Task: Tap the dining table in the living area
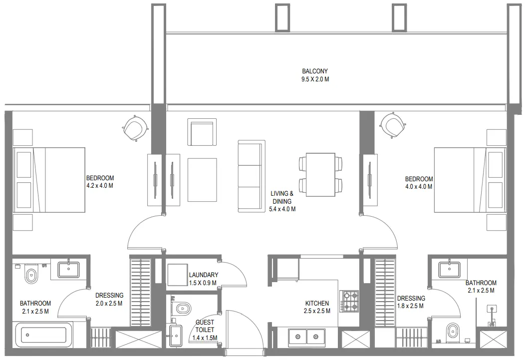[320, 173]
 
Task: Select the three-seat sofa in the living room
[250, 176]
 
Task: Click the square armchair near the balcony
[202, 132]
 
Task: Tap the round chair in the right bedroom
[393, 125]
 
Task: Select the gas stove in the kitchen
[349, 301]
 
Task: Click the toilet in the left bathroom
[31, 274]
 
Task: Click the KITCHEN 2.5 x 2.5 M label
[317, 307]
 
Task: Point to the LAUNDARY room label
[203, 275]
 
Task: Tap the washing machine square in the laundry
[177, 274]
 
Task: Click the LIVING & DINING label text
[282, 197]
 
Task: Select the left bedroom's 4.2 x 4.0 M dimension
[100, 186]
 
